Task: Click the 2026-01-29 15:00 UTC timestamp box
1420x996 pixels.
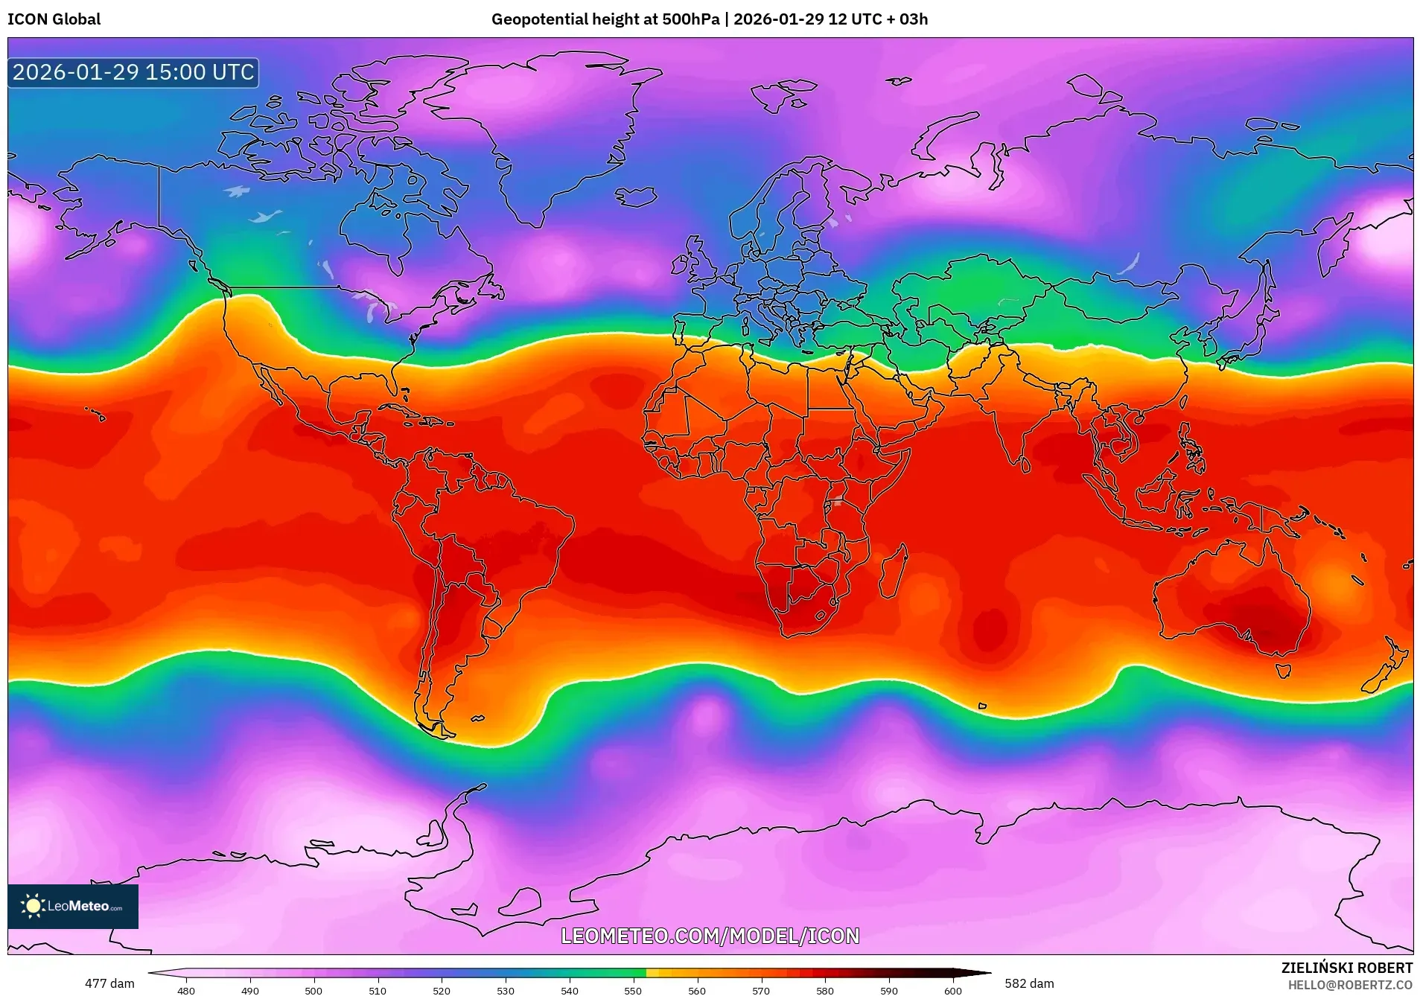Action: pyautogui.click(x=133, y=72)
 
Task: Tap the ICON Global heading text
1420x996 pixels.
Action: pyautogui.click(x=54, y=19)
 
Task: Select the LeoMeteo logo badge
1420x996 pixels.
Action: pyautogui.click(x=73, y=906)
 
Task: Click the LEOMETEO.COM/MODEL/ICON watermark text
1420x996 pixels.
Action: pyautogui.click(x=710, y=936)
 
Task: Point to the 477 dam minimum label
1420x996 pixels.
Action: pyautogui.click(x=109, y=983)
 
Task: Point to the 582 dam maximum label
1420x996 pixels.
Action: pyautogui.click(x=1029, y=983)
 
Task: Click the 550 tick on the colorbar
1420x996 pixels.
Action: pyautogui.click(x=633, y=990)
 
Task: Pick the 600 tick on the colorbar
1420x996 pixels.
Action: pyautogui.click(x=952, y=990)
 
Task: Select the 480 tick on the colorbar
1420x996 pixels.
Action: pyautogui.click(x=186, y=990)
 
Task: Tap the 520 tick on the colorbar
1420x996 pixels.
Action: pyautogui.click(x=442, y=990)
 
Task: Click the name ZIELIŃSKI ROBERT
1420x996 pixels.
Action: pyautogui.click(x=1346, y=968)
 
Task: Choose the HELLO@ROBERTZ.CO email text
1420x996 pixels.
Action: pyautogui.click(x=1350, y=985)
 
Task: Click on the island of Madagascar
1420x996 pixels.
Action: pyautogui.click(x=894, y=572)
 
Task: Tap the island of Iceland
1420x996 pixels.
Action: pyautogui.click(x=635, y=197)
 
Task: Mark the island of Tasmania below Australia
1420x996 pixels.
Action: pyautogui.click(x=1282, y=671)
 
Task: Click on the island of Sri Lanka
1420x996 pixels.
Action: pyautogui.click(x=1025, y=465)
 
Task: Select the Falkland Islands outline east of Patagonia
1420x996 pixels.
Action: pyautogui.click(x=477, y=718)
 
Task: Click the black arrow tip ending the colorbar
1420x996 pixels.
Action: pyautogui.click(x=987, y=972)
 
